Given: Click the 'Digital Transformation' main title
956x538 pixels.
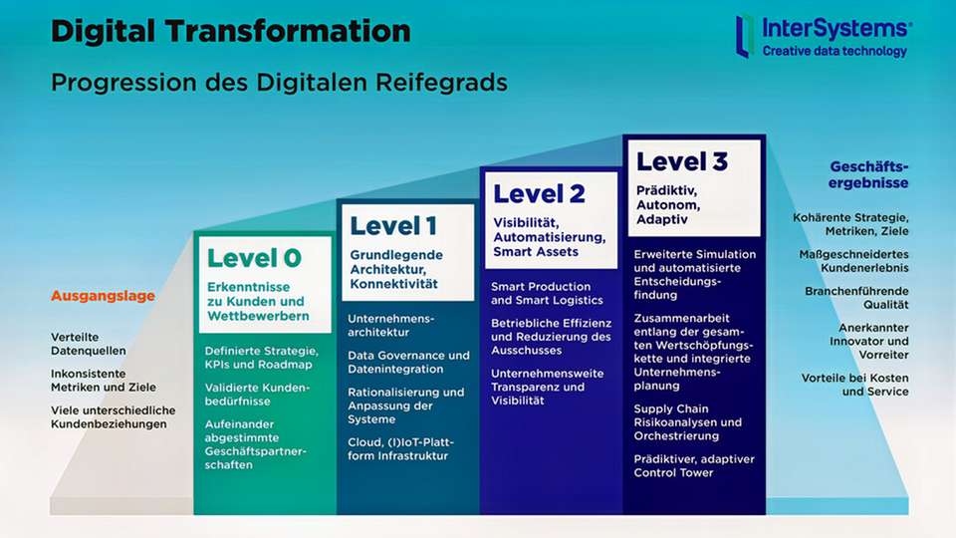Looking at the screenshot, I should pyautogui.click(x=230, y=31).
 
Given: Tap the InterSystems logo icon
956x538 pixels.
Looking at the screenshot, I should pyautogui.click(x=743, y=35).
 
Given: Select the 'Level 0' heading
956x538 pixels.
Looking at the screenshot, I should pyautogui.click(x=254, y=258).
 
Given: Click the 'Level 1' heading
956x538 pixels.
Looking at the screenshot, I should pyautogui.click(x=392, y=226).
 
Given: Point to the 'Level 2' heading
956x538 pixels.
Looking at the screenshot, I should pyautogui.click(x=539, y=193).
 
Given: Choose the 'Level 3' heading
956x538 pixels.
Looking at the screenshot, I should pyautogui.click(x=682, y=161).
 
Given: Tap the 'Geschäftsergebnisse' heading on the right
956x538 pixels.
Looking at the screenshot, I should pyautogui.click(x=868, y=174).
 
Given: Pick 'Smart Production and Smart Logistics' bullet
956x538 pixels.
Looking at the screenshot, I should pyautogui.click(x=547, y=293).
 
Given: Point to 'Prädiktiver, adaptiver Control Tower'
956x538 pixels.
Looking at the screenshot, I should pyautogui.click(x=694, y=465).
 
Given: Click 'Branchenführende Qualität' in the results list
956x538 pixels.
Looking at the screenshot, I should pyautogui.click(x=856, y=298).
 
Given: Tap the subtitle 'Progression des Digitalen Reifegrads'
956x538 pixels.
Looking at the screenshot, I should pyautogui.click(x=279, y=81).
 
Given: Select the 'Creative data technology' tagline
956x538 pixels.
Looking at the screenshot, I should pyautogui.click(x=835, y=51).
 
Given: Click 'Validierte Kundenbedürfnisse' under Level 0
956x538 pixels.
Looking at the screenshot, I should pyautogui.click(x=258, y=395).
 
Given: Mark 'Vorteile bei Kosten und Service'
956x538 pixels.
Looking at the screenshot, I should pyautogui.click(x=854, y=385).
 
